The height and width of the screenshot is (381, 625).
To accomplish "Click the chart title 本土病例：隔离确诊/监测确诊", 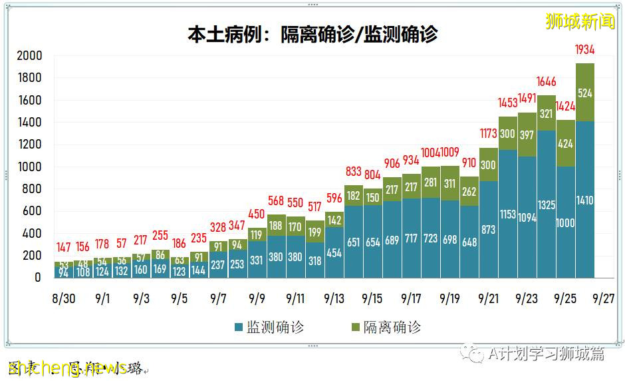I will pyautogui.click(x=312, y=34).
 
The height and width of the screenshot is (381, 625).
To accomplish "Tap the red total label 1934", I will pyautogui.click(x=584, y=49).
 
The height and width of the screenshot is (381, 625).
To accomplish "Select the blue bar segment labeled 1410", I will pyautogui.click(x=584, y=200).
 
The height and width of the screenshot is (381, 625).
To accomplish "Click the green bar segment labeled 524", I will pyautogui.click(x=584, y=93).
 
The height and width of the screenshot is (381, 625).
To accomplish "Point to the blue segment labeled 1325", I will pyautogui.click(x=547, y=204).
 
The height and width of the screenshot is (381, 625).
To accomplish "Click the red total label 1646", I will pyautogui.click(x=547, y=82).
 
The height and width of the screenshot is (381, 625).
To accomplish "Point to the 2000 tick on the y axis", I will pyautogui.click(x=29, y=55).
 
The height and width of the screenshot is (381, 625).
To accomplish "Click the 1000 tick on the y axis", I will pyautogui.click(x=29, y=167).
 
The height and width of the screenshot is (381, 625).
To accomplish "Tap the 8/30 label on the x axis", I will pyautogui.click(x=64, y=298).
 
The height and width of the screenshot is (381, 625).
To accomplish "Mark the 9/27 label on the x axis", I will pyautogui.click(x=604, y=298).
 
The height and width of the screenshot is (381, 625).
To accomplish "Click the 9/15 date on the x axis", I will pyautogui.click(x=372, y=298).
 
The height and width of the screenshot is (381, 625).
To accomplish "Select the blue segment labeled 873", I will pyautogui.click(x=488, y=229).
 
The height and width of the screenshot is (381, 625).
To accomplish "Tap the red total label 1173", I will pyautogui.click(x=488, y=134).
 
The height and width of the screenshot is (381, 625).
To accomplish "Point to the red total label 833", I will pyautogui.click(x=353, y=172).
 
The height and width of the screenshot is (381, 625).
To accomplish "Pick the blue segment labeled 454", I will pyautogui.click(x=334, y=253).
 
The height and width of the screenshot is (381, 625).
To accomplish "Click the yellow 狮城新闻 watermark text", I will pyautogui.click(x=580, y=21).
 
